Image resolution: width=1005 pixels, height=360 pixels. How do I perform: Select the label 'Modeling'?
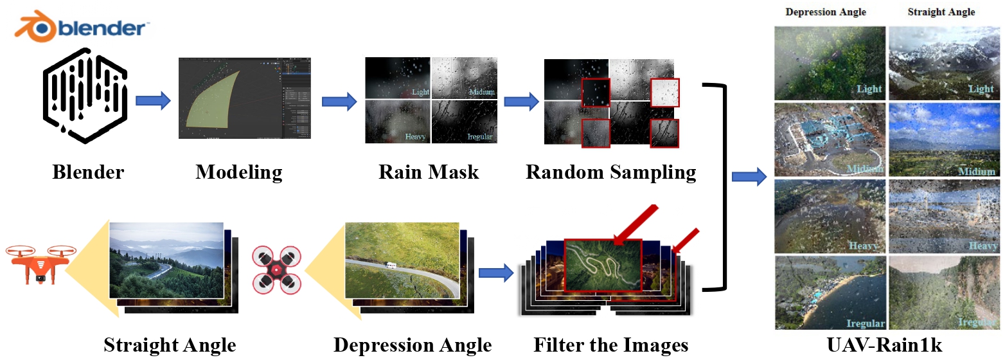[239, 172]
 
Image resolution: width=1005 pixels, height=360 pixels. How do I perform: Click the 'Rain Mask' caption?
[429, 172]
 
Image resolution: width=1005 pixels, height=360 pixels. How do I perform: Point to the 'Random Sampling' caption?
[610, 172]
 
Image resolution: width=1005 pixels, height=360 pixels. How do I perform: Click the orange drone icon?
[40, 264]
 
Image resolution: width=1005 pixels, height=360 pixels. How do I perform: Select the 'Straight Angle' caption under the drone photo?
[170, 345]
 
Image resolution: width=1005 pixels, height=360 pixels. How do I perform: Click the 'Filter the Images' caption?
[610, 345]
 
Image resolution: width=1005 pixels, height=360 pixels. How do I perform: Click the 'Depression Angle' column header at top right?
[826, 12]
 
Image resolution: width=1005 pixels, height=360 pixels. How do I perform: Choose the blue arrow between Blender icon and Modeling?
[152, 100]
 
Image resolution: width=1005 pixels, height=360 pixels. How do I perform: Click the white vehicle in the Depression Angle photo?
[391, 265]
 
